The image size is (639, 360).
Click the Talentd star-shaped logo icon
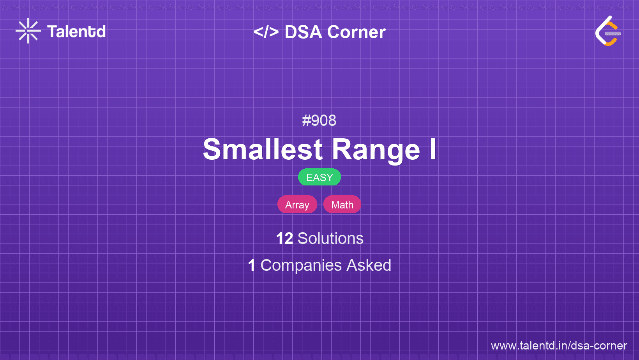click(x=28, y=31)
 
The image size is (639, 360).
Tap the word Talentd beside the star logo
click(x=76, y=32)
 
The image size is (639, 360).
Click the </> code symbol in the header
click(x=266, y=32)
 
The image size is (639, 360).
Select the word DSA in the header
click(x=303, y=32)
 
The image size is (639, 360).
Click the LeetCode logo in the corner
click(x=608, y=31)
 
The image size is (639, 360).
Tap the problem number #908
click(x=319, y=120)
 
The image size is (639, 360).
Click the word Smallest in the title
click(x=263, y=149)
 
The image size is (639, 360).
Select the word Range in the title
click(x=376, y=150)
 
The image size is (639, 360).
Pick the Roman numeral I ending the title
click(x=433, y=149)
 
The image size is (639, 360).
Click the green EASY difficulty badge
click(x=319, y=177)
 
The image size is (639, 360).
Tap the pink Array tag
click(x=297, y=205)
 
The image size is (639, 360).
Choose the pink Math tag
click(x=342, y=205)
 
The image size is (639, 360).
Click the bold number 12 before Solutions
click(x=284, y=238)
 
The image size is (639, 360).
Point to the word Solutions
click(x=330, y=238)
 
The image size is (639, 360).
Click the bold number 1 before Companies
click(x=252, y=265)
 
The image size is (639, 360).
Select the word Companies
click(x=301, y=266)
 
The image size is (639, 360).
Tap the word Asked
click(x=369, y=265)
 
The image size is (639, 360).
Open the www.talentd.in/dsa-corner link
click(x=559, y=346)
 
